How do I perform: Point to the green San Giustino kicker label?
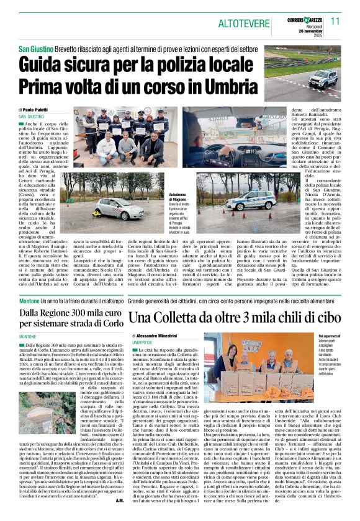pos(35,48)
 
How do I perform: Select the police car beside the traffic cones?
pos(251,200)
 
